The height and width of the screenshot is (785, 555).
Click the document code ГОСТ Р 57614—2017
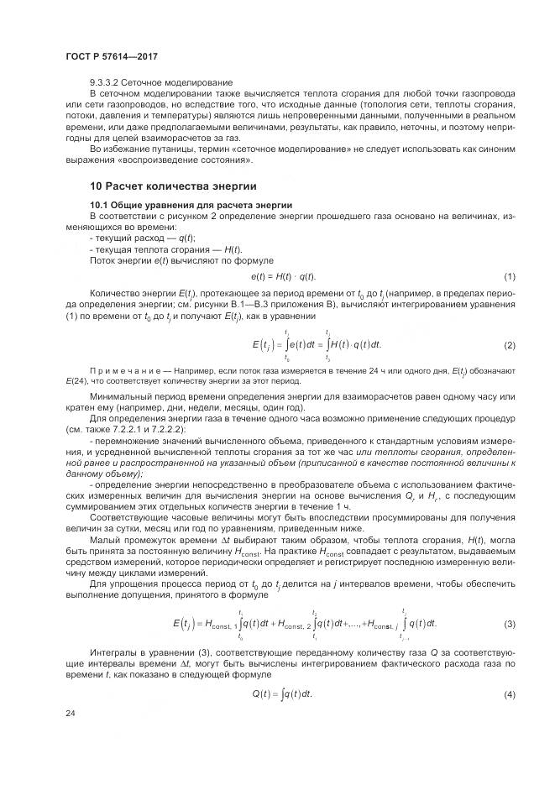click(x=112, y=56)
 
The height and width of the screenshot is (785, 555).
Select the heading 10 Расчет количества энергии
click(x=172, y=186)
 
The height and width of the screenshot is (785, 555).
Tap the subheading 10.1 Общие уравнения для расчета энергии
click(x=191, y=205)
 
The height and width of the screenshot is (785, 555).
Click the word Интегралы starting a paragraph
click(x=113, y=652)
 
